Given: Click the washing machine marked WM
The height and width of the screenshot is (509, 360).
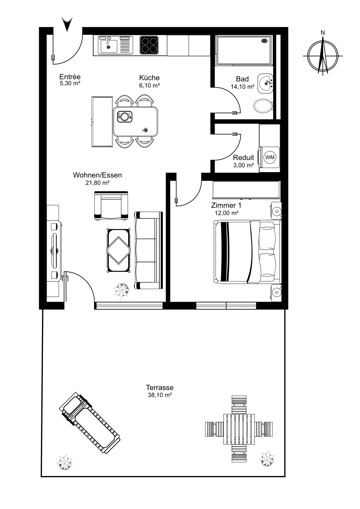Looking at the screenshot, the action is [269, 157].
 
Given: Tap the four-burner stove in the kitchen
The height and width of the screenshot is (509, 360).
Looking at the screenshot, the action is [149, 45].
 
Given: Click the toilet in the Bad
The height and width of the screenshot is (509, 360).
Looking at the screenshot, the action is [263, 106].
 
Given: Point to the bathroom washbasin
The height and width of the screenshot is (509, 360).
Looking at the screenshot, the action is [265, 83].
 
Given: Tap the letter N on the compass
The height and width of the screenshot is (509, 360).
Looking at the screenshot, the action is [322, 33].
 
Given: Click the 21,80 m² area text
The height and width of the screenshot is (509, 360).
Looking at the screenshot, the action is [97, 183].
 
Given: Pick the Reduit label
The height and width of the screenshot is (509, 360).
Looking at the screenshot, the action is [244, 157].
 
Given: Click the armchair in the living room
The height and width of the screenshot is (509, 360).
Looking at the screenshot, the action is [111, 206].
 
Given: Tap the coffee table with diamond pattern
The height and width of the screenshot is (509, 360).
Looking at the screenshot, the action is [119, 250].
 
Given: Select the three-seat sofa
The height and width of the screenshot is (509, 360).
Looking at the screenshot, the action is [149, 250].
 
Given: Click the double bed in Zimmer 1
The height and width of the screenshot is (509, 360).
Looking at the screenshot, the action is [247, 252].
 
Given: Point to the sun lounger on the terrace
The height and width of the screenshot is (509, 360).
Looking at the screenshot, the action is [89, 423].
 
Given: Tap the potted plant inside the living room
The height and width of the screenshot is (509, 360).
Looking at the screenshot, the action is [121, 291].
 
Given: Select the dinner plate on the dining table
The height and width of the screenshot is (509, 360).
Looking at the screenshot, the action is [124, 117].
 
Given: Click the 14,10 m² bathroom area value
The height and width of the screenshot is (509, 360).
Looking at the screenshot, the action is [243, 87].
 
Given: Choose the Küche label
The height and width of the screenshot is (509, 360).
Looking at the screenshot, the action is [149, 78].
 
